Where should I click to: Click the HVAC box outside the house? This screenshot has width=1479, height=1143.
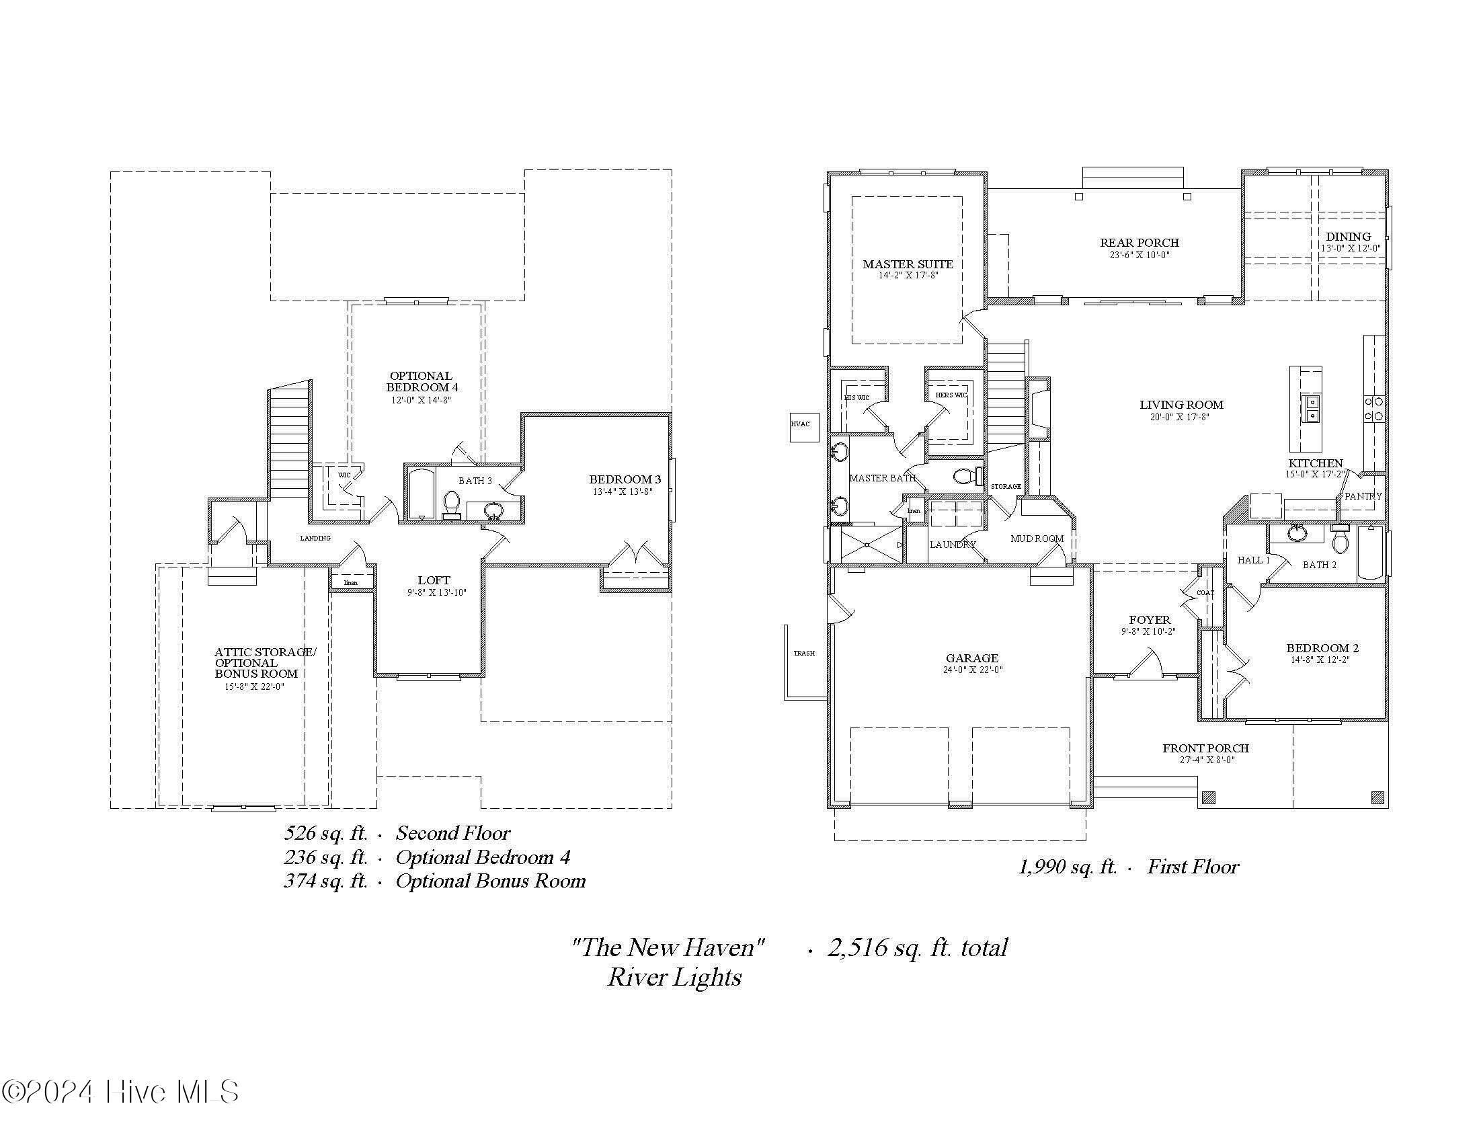804,427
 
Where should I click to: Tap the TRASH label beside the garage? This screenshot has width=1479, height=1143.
804,653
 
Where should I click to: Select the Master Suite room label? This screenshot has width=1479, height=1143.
908,264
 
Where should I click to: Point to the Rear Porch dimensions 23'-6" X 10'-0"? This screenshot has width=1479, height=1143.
1139,255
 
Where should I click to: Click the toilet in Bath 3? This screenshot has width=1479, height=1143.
452,505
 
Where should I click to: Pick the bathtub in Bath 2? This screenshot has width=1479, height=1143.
1371,553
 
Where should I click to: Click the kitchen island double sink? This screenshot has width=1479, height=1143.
1312,409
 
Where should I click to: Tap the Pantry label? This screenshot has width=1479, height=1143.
1363,496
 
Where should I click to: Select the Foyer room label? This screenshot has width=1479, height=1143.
1149,620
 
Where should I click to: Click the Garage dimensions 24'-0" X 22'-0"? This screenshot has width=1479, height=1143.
973,670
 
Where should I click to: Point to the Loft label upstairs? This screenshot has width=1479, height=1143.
434,580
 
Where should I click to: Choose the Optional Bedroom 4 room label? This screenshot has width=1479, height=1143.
422,381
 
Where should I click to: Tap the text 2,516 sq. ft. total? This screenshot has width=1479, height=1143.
917,947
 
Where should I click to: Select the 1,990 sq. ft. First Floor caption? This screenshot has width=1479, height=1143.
1128,867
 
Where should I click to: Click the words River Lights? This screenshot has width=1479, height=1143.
674,977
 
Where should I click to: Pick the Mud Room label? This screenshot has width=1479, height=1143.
1036,539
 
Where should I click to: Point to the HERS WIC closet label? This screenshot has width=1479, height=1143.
951,395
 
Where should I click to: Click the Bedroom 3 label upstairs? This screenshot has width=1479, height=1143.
625,479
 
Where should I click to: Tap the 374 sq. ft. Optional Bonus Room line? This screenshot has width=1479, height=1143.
434,881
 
